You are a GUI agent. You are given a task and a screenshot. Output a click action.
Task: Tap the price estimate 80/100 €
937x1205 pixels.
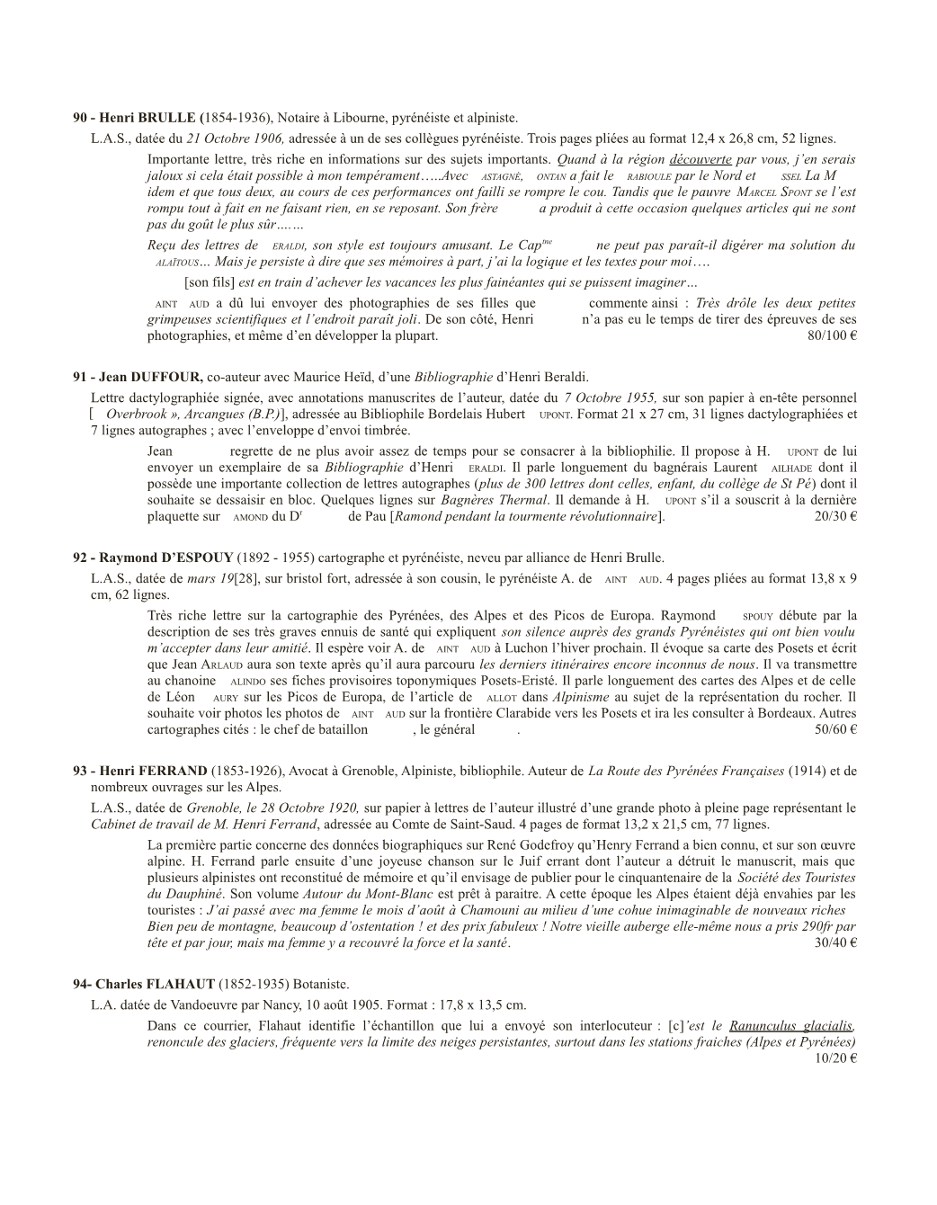click(x=832, y=336)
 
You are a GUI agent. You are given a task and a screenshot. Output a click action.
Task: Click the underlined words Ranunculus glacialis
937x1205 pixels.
click(x=791, y=1026)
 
